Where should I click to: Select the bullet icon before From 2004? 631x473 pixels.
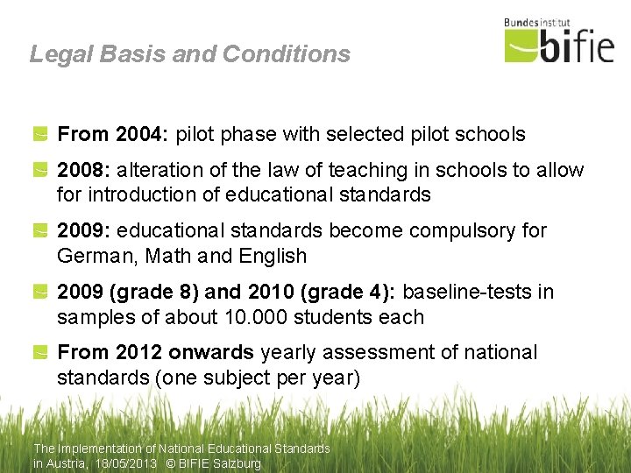click(41, 134)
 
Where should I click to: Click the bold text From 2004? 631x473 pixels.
click(113, 134)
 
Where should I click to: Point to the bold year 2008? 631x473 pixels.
click(83, 170)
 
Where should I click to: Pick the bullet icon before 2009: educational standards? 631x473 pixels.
click(41, 231)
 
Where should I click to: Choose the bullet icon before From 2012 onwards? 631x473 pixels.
click(41, 353)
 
